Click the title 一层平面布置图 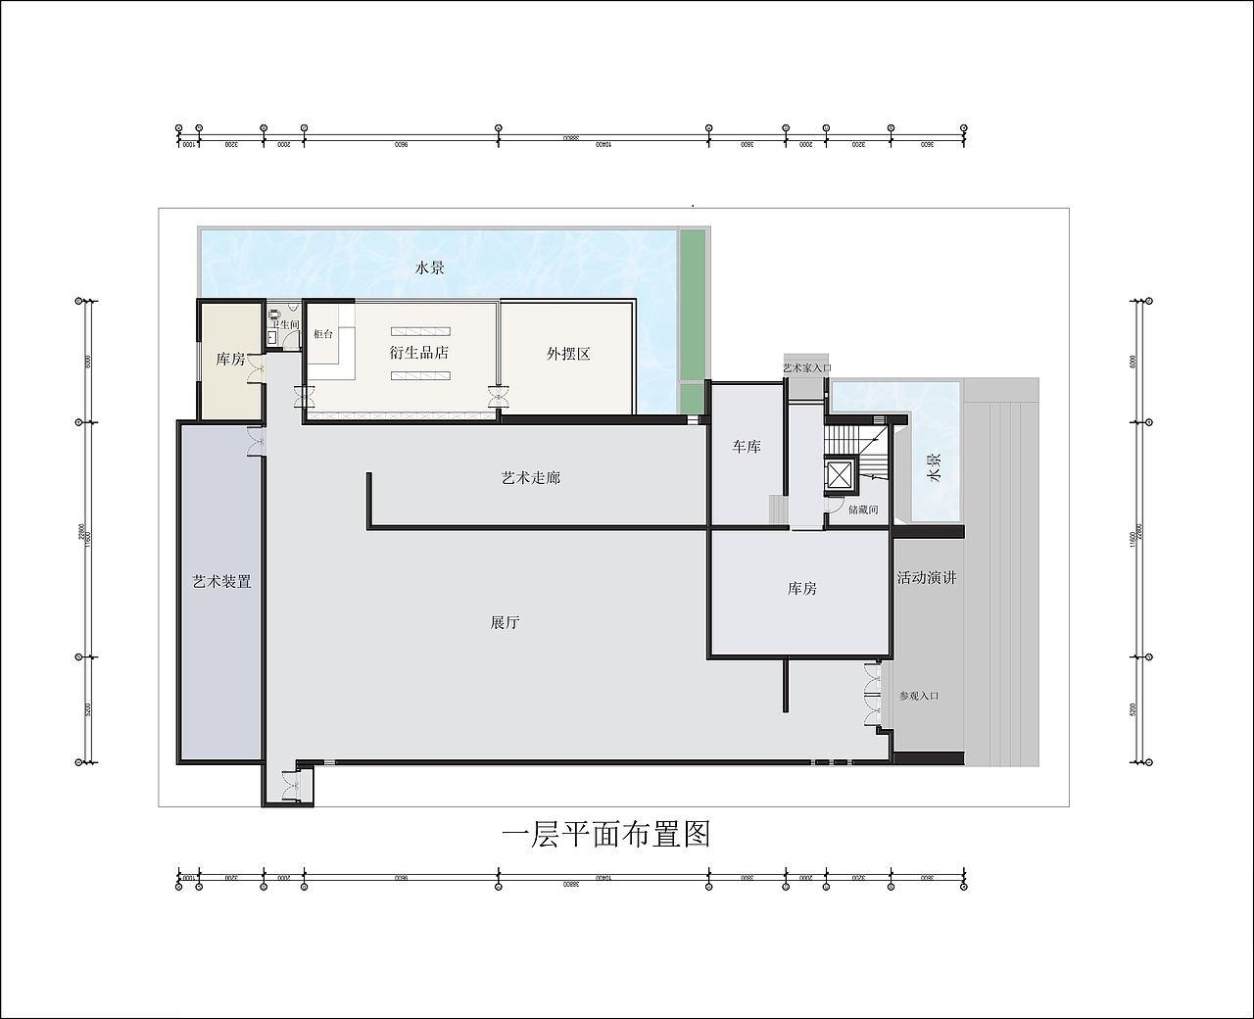pos(605,834)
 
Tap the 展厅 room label pos(505,622)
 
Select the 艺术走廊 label pos(531,478)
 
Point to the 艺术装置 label pos(222,582)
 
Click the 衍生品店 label pos(419,352)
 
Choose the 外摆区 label pos(568,354)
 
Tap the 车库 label pos(747,447)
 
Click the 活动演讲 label pos(926,578)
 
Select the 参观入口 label pos(919,696)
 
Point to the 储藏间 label pos(863,509)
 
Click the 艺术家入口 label pos(806,368)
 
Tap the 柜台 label pos(323,334)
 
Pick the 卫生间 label pos(285,324)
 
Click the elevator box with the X pos(841,476)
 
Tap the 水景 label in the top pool pos(429,267)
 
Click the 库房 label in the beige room pos(230,360)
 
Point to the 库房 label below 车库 pos(801,589)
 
